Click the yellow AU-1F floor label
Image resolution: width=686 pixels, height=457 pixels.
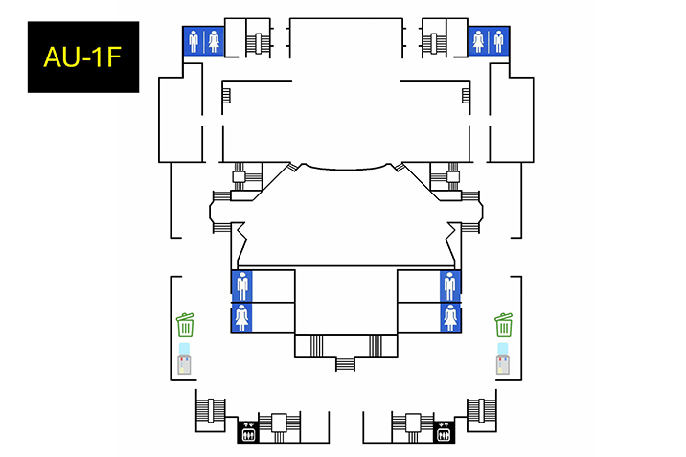82,57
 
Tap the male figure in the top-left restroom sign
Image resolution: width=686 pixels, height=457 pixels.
194,41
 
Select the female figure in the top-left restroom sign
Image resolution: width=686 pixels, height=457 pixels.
213,41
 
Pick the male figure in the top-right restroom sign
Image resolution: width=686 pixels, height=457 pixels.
498,41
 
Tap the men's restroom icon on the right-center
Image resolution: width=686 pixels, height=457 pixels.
449,286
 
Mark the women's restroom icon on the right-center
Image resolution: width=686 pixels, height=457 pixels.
449,317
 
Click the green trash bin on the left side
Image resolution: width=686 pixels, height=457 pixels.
185,325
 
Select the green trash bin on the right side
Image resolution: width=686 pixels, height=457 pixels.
504,325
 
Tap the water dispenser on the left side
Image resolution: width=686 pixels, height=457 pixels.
185,358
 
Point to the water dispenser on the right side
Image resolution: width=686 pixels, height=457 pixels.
503,358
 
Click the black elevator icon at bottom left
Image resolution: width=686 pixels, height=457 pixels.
248,433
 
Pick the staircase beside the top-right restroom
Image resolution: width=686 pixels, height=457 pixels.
436,43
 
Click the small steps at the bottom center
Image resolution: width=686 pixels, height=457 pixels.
345,363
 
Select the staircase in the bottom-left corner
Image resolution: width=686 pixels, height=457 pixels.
208,410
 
